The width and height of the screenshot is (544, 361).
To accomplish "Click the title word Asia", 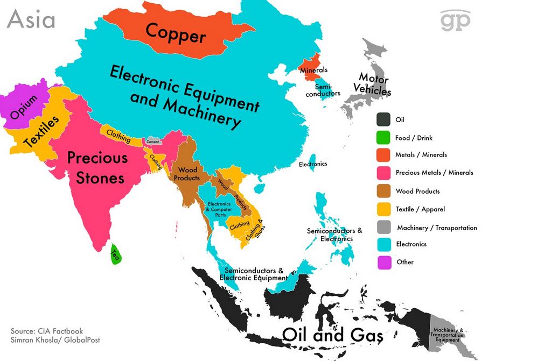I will click(31, 20).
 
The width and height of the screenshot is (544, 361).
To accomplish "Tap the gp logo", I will click(455, 21).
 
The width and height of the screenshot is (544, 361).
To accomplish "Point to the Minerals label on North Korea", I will click(313, 70).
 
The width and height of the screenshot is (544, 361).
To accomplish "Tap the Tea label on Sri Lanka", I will click(114, 252).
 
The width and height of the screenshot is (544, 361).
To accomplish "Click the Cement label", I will click(152, 141).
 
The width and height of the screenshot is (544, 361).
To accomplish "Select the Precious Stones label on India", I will click(97, 167).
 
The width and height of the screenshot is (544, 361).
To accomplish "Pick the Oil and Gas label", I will click(333, 335).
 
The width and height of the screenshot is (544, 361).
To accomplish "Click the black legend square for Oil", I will click(383, 119).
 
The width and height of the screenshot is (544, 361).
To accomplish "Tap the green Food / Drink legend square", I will click(383, 137).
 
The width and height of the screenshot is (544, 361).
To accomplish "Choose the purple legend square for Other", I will click(383, 262).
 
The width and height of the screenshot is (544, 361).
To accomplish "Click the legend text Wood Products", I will click(417, 191).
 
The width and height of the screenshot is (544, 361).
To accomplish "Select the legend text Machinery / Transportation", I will click(437, 228).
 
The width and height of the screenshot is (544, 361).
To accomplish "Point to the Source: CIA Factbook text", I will click(47, 331).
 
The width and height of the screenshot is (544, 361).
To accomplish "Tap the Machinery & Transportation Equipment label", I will click(447, 335).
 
